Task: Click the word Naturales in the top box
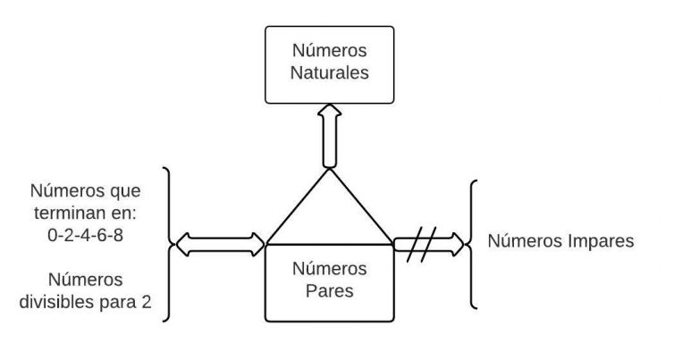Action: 329,73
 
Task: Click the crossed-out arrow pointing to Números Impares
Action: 430,242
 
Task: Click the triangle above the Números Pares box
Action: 329,214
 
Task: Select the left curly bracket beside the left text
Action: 168,242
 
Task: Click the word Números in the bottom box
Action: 329,268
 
